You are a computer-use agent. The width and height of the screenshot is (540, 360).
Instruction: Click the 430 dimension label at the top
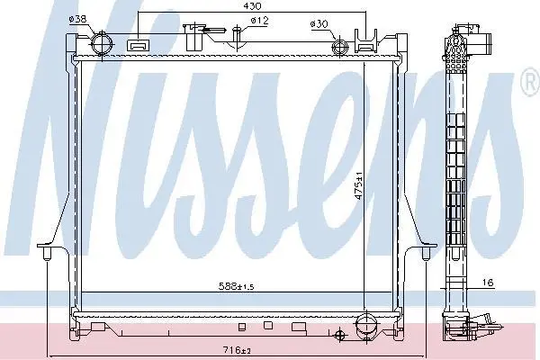tap(252, 6)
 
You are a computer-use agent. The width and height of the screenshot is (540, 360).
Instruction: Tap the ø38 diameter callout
tap(77, 19)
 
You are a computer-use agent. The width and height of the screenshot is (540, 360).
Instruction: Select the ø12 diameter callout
tap(259, 21)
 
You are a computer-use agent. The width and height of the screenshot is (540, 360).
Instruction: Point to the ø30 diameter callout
tap(319, 23)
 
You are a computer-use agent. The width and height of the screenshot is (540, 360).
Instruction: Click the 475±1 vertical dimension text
tap(359, 185)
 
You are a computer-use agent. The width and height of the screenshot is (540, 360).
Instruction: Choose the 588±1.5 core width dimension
tap(237, 286)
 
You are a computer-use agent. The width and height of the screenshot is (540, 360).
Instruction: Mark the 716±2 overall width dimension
tap(237, 350)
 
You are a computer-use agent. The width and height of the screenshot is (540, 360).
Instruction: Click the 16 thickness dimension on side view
tap(488, 283)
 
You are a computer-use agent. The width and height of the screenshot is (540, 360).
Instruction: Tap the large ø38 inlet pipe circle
tap(102, 45)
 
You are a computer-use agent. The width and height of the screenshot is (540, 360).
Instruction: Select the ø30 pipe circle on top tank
tap(339, 47)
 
